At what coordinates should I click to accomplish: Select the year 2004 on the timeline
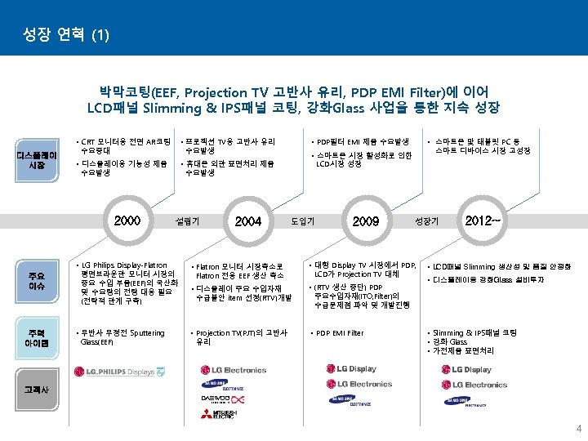pos(247,220)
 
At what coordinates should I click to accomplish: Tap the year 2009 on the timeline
pos(365,220)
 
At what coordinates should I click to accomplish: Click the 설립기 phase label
pos(188,220)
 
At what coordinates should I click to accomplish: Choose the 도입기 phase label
pos(304,220)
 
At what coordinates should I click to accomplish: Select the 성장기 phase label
pos(427,220)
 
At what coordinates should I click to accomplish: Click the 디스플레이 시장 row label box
pos(36,160)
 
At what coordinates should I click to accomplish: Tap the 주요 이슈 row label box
pos(36,282)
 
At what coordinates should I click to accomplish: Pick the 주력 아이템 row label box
pos(36,337)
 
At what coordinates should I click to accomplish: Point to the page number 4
pos(578,429)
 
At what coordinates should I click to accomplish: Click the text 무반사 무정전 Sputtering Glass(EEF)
pos(122,337)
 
